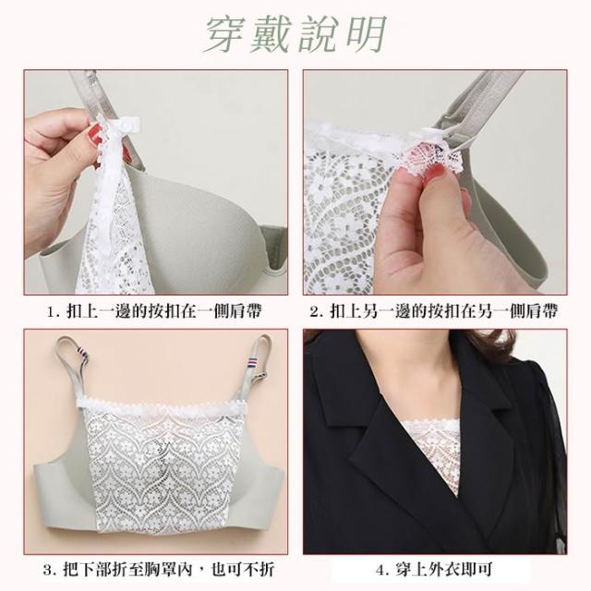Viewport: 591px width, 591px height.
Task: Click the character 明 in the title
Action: click(366, 34)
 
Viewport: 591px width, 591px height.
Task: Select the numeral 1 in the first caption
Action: click(51, 312)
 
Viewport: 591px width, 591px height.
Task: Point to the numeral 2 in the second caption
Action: click(315, 312)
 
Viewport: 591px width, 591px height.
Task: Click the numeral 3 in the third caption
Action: click(47, 570)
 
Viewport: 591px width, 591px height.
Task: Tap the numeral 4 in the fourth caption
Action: click(381, 570)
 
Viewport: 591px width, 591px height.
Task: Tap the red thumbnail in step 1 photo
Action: click(95, 134)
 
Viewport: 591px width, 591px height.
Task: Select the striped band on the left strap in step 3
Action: click(82, 355)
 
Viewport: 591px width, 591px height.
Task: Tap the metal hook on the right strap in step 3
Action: click(260, 376)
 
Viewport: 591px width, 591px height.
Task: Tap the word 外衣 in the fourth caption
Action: click(445, 570)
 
